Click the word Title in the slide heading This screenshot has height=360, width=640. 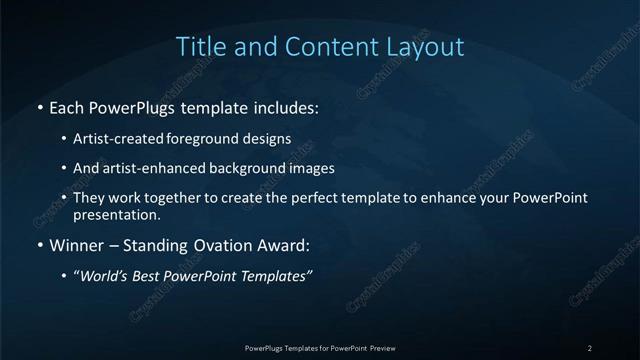coord(199,46)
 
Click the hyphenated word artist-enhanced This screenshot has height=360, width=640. coord(169,168)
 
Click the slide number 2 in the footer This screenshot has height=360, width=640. coord(590,347)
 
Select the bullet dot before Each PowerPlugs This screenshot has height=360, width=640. coord(39,105)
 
